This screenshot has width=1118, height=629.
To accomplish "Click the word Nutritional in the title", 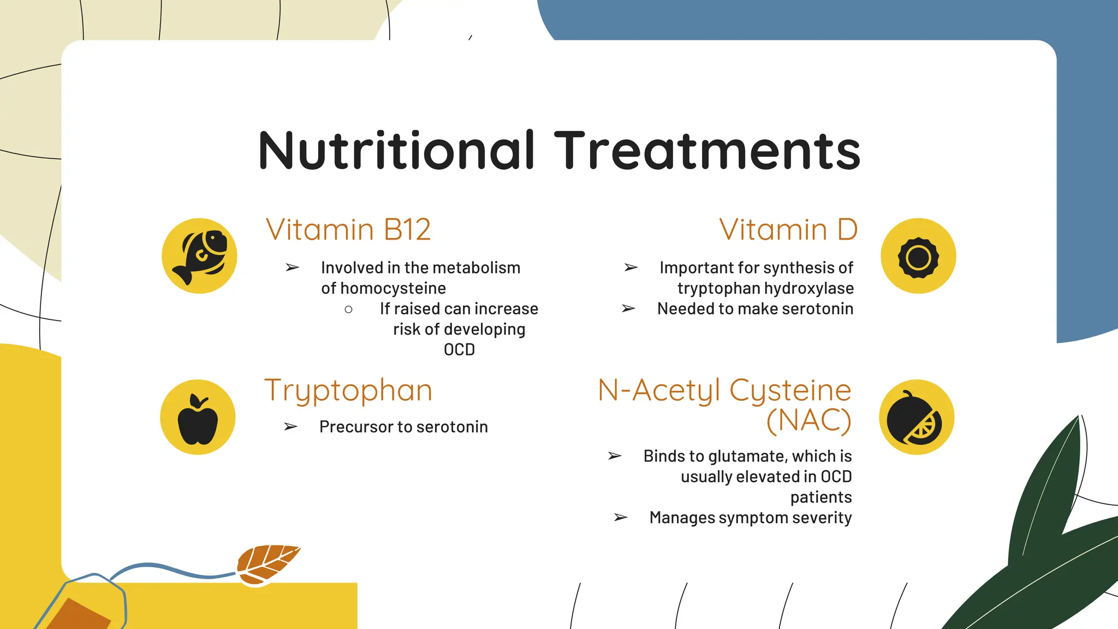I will pos(396,151).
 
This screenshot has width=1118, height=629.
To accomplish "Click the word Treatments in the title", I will pos(707,151).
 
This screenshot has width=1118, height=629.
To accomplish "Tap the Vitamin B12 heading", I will pos(348,229).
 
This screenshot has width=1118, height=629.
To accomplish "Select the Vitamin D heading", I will pos(788,229).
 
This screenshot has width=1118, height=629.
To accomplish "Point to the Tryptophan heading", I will pos(348,391).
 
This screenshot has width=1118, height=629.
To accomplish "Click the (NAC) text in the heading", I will pos(808,420).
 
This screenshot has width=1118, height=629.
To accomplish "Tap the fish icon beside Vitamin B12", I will pos(199,256).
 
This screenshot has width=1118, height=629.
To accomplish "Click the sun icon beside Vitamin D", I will pos(918,256).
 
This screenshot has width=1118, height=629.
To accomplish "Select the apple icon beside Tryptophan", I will pos(198,418).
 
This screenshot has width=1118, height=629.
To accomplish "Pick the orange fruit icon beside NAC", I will pos(917,418).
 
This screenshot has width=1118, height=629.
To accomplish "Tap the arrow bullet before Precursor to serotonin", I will pos(291,427).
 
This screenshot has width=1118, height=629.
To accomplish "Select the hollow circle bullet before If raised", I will pos(348,310).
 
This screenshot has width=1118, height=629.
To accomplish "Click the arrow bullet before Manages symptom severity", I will pos(621,518).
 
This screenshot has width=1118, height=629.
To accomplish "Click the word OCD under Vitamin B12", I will pos(459,350).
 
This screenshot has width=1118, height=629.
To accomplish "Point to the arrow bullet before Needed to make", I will pos(628,309).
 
